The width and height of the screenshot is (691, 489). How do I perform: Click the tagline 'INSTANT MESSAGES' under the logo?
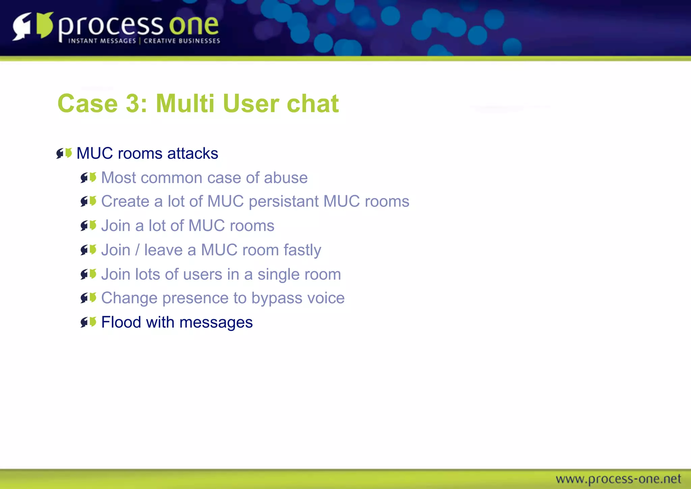click(x=102, y=41)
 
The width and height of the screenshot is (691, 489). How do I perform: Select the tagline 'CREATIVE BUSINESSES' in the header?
click(x=182, y=41)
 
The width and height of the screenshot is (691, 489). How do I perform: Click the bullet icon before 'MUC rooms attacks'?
click(x=64, y=153)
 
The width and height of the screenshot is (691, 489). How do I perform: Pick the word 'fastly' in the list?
click(x=302, y=250)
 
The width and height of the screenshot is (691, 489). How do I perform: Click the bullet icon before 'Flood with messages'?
click(x=88, y=322)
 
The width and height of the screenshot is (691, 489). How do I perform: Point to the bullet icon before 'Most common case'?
click(x=88, y=178)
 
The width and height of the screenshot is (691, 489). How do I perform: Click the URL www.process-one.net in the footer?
click(x=618, y=479)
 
